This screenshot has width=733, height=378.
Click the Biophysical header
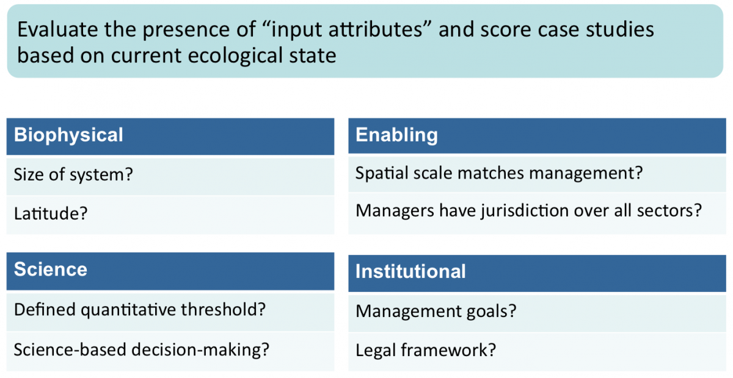170,136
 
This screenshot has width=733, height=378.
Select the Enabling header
538,135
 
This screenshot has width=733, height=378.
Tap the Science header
170,271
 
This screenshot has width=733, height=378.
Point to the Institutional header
538,273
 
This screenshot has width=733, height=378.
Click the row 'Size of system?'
170,176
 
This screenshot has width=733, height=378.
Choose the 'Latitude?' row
170,215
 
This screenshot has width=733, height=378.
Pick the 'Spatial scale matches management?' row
538,174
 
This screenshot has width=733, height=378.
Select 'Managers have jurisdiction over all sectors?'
538,213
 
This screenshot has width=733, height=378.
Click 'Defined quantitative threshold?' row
170,312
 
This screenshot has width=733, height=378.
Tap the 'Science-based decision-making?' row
170,351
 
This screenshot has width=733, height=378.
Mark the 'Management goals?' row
538,313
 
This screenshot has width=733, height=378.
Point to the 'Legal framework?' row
538,352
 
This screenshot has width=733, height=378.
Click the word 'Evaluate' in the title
58,29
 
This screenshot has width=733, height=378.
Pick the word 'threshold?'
223,309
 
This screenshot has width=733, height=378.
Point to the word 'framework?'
448,350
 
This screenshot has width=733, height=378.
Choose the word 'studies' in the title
620,29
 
